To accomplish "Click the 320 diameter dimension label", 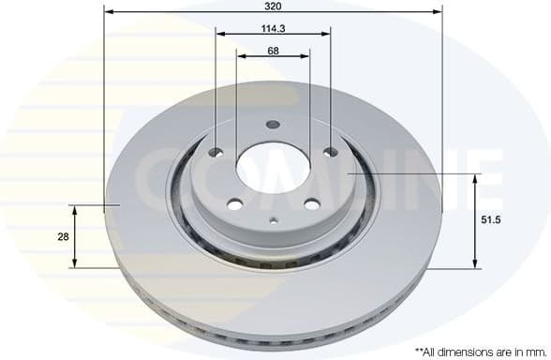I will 273,6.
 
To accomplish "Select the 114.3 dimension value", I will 273,27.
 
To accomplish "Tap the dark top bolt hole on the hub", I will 273,125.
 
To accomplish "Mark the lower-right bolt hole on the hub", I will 310,206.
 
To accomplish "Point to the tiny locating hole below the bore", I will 273,221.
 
